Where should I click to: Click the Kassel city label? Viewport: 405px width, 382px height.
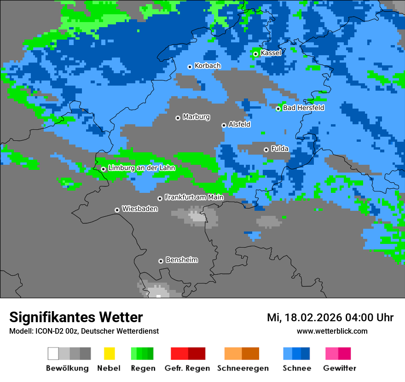[x=271, y=53]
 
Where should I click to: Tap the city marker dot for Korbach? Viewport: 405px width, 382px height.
[x=190, y=67]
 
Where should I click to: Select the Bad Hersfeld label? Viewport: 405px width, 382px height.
[x=303, y=108]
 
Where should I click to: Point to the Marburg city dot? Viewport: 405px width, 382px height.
[x=178, y=118]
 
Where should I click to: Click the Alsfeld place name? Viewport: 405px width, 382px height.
[x=239, y=125]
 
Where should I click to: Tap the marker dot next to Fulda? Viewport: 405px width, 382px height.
[x=266, y=150]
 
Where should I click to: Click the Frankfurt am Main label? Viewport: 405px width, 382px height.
[x=194, y=197]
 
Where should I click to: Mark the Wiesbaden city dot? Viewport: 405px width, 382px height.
[x=117, y=210]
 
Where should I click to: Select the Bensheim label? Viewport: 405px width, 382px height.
[x=181, y=260]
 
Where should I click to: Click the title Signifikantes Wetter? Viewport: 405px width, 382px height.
[x=76, y=317]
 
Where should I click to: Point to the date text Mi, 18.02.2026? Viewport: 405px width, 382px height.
[x=310, y=318]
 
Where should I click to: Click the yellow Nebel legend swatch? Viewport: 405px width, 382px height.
[x=109, y=353]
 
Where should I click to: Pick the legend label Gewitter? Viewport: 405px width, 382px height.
[x=339, y=368]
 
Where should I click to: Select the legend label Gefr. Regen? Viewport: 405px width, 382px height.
[x=187, y=368]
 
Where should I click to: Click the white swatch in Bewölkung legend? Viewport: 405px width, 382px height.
[x=53, y=353]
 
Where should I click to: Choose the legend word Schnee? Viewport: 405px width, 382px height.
[x=296, y=368]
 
